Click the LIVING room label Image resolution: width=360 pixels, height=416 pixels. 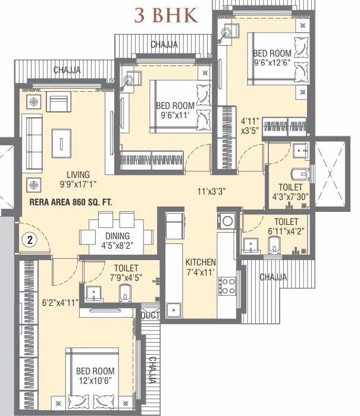point(78,174)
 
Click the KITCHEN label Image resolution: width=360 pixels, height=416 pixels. point(201,262)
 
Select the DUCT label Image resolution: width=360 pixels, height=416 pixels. point(151,315)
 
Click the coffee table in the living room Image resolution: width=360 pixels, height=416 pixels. point(62,142)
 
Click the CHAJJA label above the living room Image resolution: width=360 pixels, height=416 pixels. point(67,70)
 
